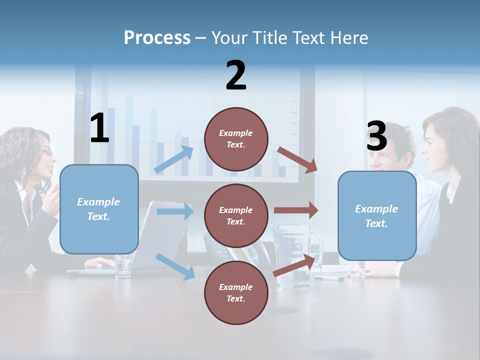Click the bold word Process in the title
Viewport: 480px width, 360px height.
click(x=157, y=38)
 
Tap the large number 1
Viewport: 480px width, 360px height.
click(x=99, y=128)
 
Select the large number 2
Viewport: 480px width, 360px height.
click(x=236, y=75)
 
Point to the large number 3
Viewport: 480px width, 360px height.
click(x=376, y=136)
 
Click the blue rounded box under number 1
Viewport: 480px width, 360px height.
click(x=99, y=209)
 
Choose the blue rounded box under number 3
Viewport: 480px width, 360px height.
click(x=377, y=215)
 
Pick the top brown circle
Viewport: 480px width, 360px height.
click(x=236, y=139)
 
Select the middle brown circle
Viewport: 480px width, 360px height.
click(x=236, y=215)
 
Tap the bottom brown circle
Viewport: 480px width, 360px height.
click(x=236, y=292)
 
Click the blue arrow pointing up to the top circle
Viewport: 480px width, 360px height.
click(x=174, y=159)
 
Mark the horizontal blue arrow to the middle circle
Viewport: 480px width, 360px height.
click(x=175, y=211)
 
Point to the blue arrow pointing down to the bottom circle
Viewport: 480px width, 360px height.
click(x=175, y=266)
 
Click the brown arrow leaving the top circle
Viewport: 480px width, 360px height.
click(x=297, y=160)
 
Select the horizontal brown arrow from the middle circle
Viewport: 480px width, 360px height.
click(x=296, y=210)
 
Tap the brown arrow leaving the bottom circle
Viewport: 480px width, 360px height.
click(x=295, y=265)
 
